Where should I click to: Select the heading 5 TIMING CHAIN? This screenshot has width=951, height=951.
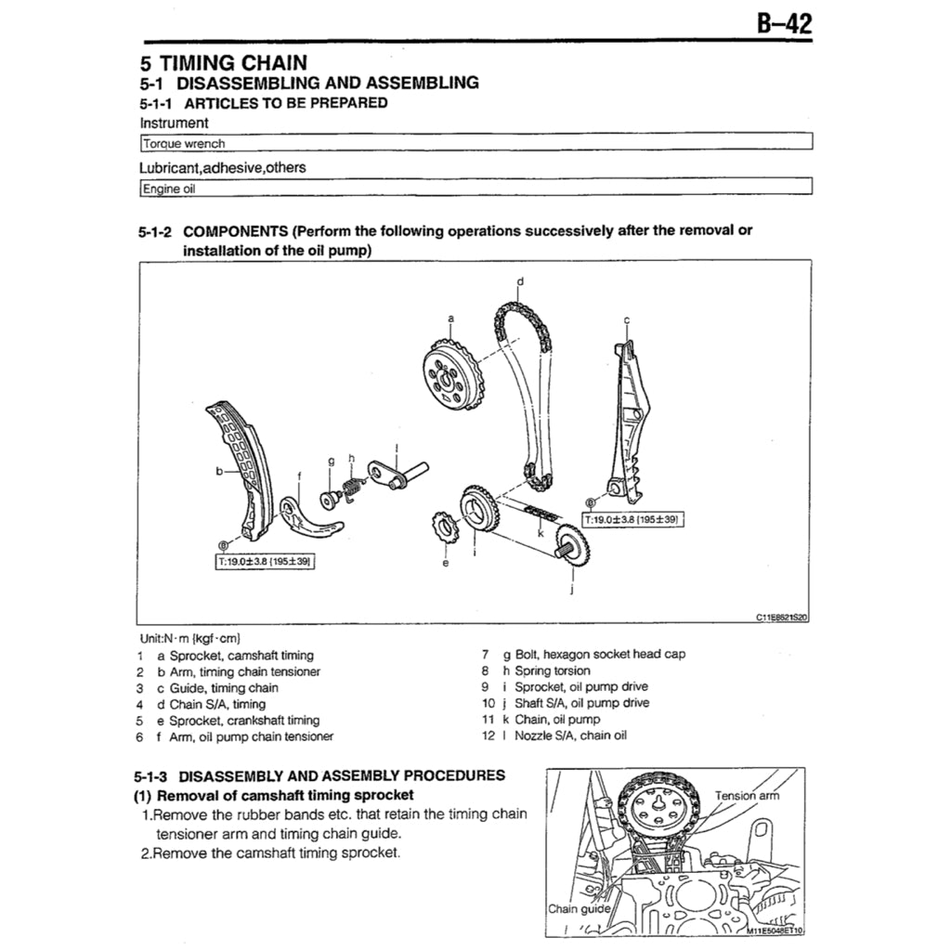point(222,63)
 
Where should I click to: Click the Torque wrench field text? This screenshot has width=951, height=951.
point(183,144)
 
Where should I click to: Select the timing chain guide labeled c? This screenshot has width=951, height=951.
point(627,418)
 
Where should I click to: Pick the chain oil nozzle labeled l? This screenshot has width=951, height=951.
point(395,473)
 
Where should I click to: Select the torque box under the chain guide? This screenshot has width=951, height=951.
point(633,520)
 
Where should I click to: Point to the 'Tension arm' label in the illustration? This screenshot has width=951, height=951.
point(747,795)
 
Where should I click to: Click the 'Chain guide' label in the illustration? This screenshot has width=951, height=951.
point(579,908)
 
